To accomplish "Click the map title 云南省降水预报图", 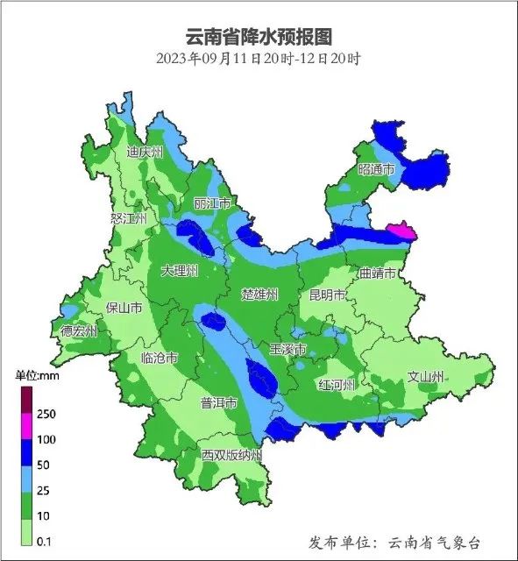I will coord(259,36).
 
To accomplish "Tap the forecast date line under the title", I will coord(259,60).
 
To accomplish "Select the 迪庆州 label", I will coord(145,152).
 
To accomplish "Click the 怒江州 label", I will coord(128,218).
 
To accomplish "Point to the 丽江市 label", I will coord(212,203).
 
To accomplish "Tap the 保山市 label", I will coord(123,308).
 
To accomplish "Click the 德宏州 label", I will coord(79,331).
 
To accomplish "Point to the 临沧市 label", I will coord(160,358).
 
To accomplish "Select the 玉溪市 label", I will coord(287,349).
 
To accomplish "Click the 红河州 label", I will coord(337,385).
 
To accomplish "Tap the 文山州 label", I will coord(427,377).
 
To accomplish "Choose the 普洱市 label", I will coord(218,403).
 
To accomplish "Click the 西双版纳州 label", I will coord(231,456).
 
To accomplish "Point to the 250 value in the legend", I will coord(47,414).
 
